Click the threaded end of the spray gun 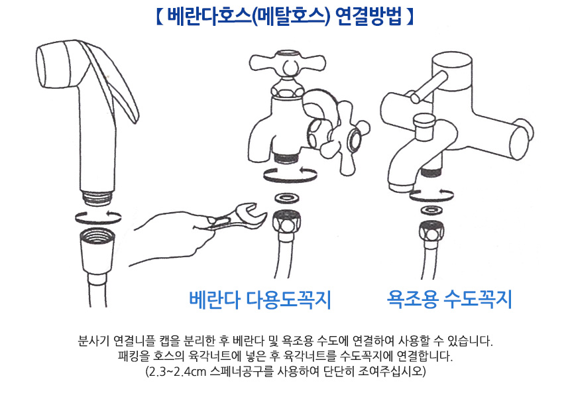[97, 198]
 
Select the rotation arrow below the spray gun [98, 217]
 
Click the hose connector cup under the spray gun [97, 251]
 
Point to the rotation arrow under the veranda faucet [290, 174]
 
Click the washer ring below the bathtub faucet [431, 210]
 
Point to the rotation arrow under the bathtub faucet [431, 195]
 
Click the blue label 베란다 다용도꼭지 [260, 300]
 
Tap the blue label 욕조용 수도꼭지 [449, 299]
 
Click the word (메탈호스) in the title [290, 17]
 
